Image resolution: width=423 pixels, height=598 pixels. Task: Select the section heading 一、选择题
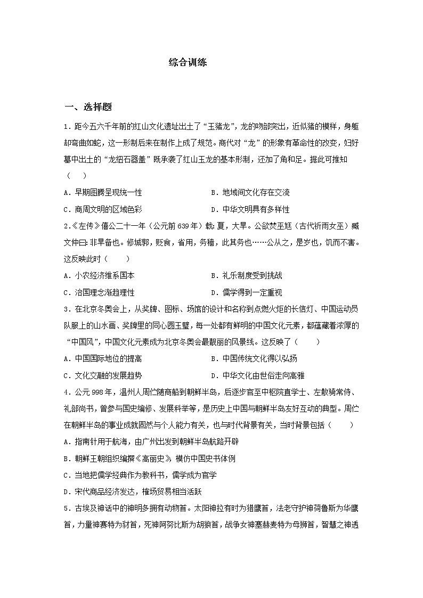(88, 107)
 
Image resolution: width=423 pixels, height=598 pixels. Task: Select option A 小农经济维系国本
(99, 275)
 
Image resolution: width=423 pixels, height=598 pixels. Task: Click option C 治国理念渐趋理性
(99, 292)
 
